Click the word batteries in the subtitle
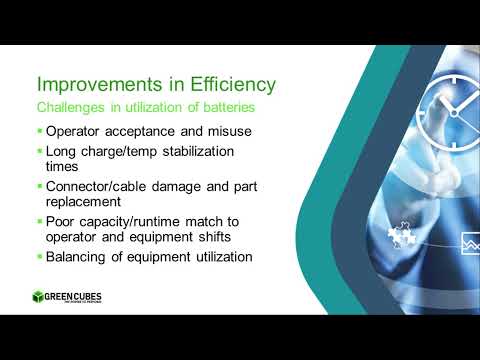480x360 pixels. coord(229,106)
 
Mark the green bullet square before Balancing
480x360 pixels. coord(39,257)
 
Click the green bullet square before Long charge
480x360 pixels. coord(39,152)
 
